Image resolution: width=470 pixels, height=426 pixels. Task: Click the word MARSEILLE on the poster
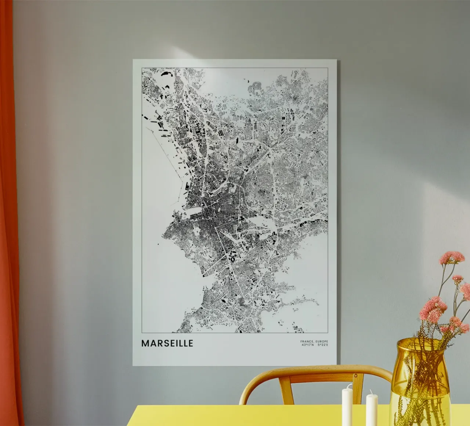pyautogui.click(x=167, y=343)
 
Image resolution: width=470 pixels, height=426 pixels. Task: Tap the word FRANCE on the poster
pyautogui.click(x=306, y=341)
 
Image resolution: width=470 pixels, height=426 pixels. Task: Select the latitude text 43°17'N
pyautogui.click(x=307, y=345)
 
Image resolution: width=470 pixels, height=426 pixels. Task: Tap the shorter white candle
pyautogui.click(x=372, y=409)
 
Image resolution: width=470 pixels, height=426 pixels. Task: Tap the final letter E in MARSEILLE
pyautogui.click(x=190, y=343)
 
